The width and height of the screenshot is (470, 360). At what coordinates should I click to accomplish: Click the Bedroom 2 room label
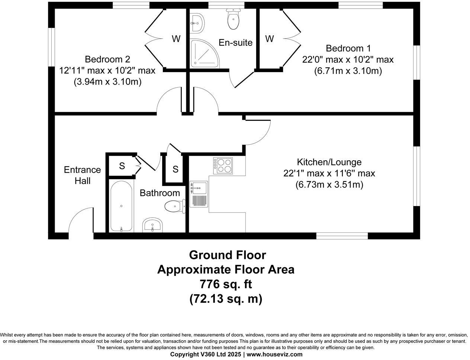pos(107,59)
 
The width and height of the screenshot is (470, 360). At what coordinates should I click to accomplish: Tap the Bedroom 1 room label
pos(348,48)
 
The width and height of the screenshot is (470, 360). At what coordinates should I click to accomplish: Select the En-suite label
pos(235,42)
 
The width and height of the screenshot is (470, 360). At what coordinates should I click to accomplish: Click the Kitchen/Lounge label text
pos(329,162)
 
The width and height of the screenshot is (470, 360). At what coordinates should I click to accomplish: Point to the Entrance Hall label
pos(82,175)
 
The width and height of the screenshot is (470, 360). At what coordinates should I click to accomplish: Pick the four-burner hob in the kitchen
pos(223,165)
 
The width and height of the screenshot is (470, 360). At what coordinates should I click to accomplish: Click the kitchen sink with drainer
pos(198,194)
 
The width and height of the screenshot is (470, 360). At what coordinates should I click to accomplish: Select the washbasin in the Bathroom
pos(152,225)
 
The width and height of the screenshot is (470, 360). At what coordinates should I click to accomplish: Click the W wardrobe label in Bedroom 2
pos(176,39)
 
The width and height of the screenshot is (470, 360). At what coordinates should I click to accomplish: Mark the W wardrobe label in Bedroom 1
pos(270,39)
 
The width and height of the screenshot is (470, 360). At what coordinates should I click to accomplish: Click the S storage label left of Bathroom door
pos(122,166)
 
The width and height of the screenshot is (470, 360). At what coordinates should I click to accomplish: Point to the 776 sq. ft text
pos(226,284)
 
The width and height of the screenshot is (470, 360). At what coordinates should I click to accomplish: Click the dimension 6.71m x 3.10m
pos(348,71)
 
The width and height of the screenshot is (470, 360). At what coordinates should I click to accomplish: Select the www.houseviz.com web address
pos(274,354)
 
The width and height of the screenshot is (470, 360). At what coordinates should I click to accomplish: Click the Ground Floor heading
pos(227,255)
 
